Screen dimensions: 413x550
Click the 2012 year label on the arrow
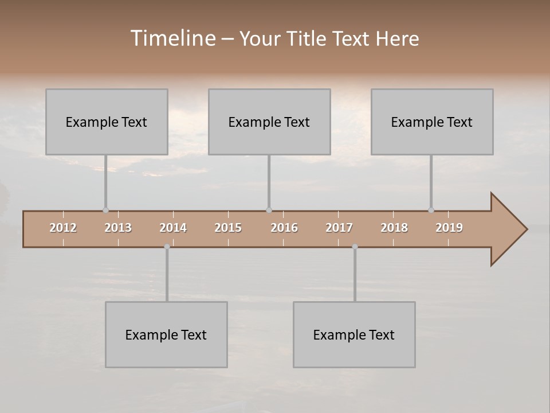(x=63, y=228)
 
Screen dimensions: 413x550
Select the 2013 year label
(x=118, y=228)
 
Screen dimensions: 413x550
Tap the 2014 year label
(x=173, y=228)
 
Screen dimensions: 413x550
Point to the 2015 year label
(x=228, y=228)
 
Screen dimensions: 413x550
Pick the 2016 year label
(x=284, y=228)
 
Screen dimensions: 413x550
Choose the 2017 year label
(x=339, y=228)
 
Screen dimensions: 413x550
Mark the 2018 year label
(x=394, y=228)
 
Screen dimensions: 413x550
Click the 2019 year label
(x=449, y=228)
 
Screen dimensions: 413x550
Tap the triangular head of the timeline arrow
(x=508, y=229)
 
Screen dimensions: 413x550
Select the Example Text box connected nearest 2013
(x=107, y=122)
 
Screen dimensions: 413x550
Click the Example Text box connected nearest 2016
(x=269, y=122)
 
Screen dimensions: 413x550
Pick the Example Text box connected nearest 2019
(x=432, y=122)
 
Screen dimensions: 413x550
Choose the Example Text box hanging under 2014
(x=166, y=335)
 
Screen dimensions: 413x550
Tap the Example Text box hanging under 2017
(x=354, y=335)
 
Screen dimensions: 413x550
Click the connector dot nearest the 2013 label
(x=105, y=211)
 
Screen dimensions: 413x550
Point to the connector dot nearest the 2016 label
(x=269, y=211)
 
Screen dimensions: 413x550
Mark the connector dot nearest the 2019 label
(x=431, y=211)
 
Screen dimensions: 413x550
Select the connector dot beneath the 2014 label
(x=167, y=247)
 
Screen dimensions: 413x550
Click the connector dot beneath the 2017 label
(x=355, y=247)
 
